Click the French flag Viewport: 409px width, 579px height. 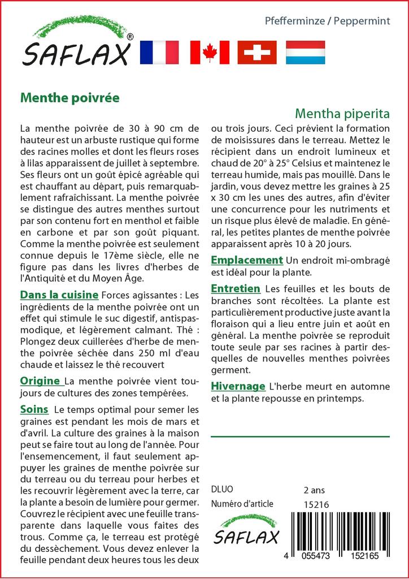pyautogui.click(x=158, y=52)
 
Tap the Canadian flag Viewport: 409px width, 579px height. pyautogui.click(x=210, y=52)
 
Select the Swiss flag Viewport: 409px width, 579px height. pyautogui.click(x=257, y=52)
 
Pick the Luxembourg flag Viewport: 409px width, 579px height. pyautogui.click(x=305, y=52)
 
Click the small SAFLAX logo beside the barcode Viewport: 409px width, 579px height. pyautogui.click(x=246, y=530)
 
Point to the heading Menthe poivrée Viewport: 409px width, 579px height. pyautogui.click(x=70, y=97)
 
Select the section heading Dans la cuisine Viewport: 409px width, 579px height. pyautogui.click(x=59, y=295)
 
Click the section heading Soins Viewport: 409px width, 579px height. pyautogui.click(x=34, y=409)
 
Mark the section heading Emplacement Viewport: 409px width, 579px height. pyautogui.click(x=246, y=260)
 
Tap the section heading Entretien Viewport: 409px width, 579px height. pyautogui.click(x=236, y=288)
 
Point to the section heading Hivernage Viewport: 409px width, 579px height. pyautogui.click(x=238, y=386)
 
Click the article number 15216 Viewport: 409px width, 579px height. pyautogui.click(x=316, y=504)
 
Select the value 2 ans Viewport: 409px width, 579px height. pyautogui.click(x=314, y=490)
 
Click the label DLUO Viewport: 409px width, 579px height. pyautogui.click(x=221, y=490)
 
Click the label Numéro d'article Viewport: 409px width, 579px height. pyautogui.click(x=242, y=504)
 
